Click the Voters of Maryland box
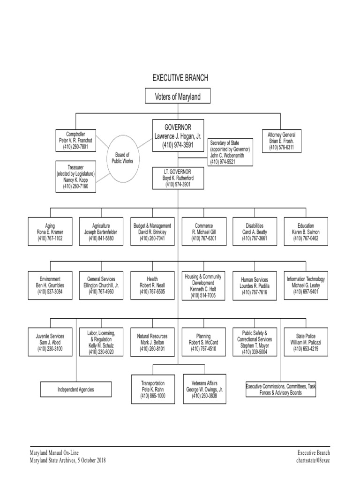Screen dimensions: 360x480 point(178,96)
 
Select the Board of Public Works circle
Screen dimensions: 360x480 point(122,158)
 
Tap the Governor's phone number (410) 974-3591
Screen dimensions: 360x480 point(178,145)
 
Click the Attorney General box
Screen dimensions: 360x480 point(282,141)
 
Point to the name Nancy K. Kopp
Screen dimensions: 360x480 point(75,180)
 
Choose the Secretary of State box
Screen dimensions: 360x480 point(230,152)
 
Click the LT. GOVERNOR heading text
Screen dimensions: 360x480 point(178,172)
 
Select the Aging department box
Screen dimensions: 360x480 point(50,232)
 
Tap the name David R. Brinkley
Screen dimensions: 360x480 point(152,232)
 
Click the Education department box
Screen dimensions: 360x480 point(306,232)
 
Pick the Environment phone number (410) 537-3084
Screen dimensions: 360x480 point(50,292)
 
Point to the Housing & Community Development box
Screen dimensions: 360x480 point(203,285)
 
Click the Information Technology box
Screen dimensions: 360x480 point(306,285)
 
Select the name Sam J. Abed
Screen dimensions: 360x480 point(50,342)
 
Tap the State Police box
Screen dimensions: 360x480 point(306,342)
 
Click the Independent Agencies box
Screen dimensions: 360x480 point(76,390)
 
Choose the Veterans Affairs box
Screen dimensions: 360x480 point(204,389)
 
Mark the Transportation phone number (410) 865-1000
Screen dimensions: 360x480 point(153,396)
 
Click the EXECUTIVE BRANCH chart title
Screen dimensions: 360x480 point(180,78)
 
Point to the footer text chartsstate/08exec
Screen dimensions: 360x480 point(313,460)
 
